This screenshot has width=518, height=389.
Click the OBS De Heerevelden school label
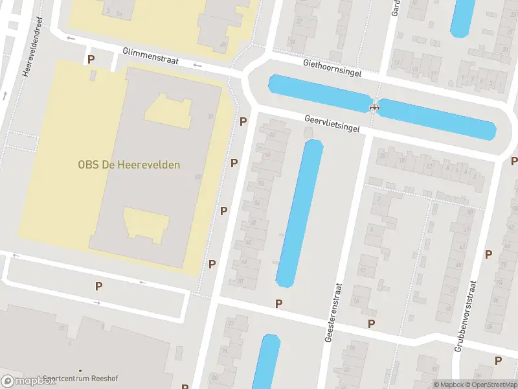pyautogui.click(x=129, y=165)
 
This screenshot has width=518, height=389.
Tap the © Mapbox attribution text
pyautogui.click(x=449, y=384)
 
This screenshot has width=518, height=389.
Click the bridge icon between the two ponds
pyautogui.click(x=374, y=106)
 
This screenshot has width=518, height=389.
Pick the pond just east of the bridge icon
pyautogui.click(x=437, y=119)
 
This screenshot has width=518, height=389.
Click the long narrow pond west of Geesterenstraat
pyautogui.click(x=300, y=213)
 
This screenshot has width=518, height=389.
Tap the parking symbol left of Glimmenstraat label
pyautogui.click(x=91, y=59)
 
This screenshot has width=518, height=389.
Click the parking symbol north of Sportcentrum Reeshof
pyautogui.click(x=98, y=286)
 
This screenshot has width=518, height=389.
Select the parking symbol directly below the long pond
pyautogui.click(x=278, y=303)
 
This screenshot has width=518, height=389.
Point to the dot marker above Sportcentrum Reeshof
pyautogui.click(x=80, y=370)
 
